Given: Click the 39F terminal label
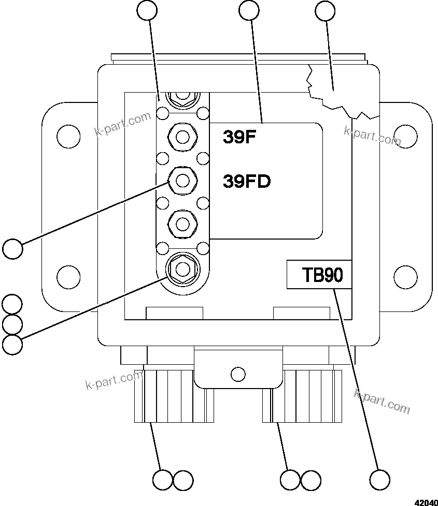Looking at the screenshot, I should [x=240, y=137].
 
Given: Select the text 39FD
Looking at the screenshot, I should [x=247, y=182].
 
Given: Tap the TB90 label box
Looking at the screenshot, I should [x=319, y=274].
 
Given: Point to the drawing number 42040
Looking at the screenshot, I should [x=425, y=501].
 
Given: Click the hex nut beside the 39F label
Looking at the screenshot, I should [x=182, y=137].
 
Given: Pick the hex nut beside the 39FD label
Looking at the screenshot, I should [x=182, y=180].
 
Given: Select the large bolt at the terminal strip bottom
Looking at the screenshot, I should [x=182, y=269].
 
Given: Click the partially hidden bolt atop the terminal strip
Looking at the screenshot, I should [x=182, y=97].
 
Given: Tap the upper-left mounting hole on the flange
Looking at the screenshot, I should [x=68, y=136].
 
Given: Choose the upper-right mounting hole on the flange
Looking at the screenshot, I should [x=405, y=136].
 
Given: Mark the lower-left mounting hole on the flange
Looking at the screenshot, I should [x=68, y=276].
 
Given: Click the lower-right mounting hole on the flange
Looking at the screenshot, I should [x=405, y=276].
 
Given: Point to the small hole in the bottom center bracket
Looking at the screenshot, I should [x=238, y=374].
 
